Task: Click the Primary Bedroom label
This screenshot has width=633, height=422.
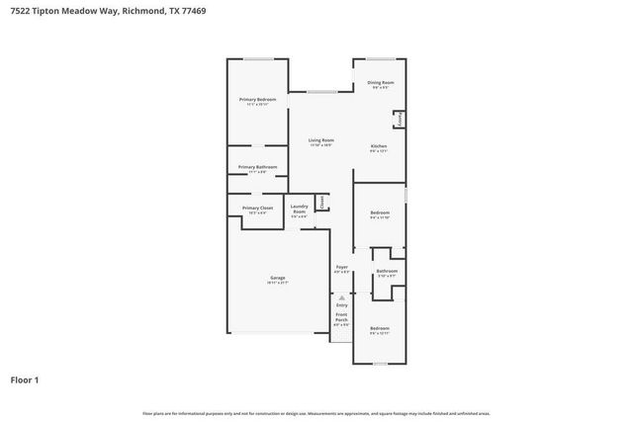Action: (257, 100)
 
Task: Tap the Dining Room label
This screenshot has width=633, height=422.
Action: (381, 82)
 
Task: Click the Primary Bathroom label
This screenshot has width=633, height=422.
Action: (257, 167)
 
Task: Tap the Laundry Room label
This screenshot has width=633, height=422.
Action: (299, 209)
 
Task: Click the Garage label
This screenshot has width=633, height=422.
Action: (278, 278)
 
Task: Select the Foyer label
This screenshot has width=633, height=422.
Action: (341, 267)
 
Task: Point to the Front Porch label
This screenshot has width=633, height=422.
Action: (341, 318)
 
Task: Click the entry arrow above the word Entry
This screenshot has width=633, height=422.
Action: (341, 295)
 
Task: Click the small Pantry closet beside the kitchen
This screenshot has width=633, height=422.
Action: (400, 120)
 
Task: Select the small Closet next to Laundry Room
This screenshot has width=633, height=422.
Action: (322, 203)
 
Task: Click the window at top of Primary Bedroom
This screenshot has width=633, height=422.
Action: (258, 59)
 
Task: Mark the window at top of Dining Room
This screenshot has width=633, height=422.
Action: (381, 58)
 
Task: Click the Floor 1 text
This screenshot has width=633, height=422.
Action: (25, 380)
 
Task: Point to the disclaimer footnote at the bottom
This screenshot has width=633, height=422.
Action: (316, 413)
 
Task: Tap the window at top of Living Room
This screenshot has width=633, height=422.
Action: (319, 92)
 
